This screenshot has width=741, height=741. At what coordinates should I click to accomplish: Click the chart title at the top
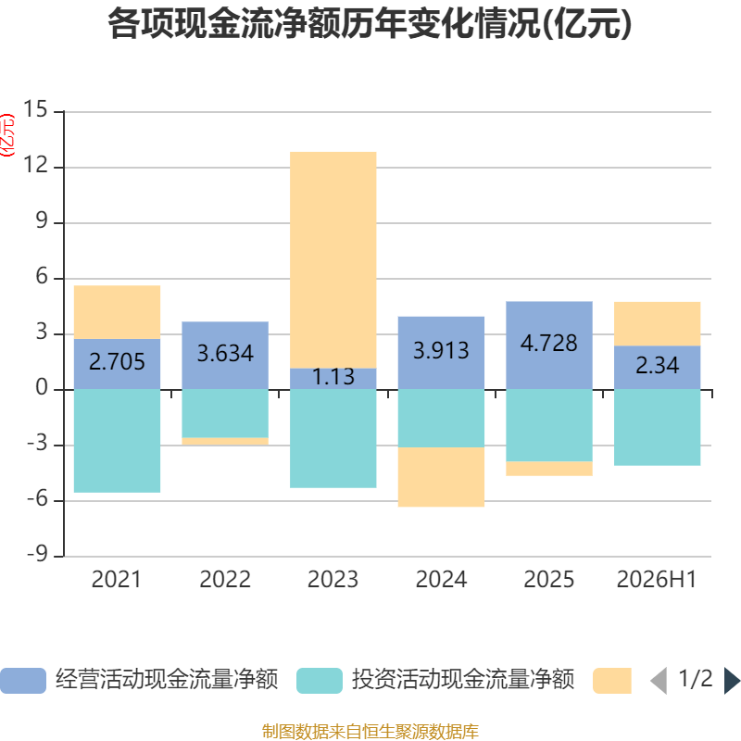[x=370, y=24]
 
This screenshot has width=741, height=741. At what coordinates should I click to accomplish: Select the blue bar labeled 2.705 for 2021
[x=118, y=364]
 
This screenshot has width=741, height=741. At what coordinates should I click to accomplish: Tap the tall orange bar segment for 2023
[x=333, y=260]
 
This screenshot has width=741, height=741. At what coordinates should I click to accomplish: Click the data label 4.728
[x=548, y=343]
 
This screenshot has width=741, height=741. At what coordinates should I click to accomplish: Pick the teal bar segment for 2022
[x=225, y=414]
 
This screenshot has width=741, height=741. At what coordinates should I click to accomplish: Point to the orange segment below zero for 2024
[x=442, y=477]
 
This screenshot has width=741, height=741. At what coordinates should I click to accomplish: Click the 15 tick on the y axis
[x=35, y=109]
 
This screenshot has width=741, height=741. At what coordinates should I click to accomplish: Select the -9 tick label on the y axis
[x=37, y=555]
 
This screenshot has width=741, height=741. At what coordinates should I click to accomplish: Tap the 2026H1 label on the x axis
[x=657, y=580]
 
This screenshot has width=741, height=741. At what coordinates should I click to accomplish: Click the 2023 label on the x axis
[x=333, y=580]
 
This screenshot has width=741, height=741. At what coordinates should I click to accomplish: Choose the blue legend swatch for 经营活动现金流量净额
[x=23, y=681]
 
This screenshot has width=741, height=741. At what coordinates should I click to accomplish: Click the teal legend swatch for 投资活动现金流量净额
[x=320, y=681]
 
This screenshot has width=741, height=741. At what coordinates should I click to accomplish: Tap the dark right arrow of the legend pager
[x=733, y=681]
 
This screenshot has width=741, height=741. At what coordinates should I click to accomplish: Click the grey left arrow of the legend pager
[x=659, y=681]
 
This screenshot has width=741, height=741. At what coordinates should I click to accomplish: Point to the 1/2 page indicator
[x=696, y=679]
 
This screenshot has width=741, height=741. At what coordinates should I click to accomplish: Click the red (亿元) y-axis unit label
[x=7, y=135]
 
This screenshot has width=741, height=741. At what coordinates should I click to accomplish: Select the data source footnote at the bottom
[x=370, y=731]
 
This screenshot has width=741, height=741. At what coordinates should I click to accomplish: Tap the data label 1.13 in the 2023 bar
[x=333, y=377]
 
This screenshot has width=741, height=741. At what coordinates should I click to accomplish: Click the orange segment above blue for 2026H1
[x=657, y=323]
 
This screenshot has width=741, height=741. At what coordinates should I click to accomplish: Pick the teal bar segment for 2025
[x=549, y=426]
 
